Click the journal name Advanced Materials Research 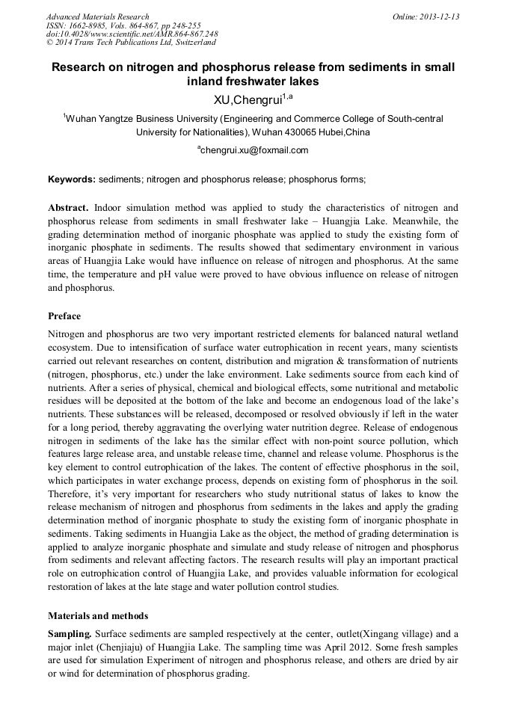click(97, 16)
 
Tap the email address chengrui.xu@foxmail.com click(254, 150)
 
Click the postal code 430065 click(303, 132)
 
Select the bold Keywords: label click(72, 179)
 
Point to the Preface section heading click(64, 316)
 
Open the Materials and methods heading click(98, 616)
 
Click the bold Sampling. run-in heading click(70, 633)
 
